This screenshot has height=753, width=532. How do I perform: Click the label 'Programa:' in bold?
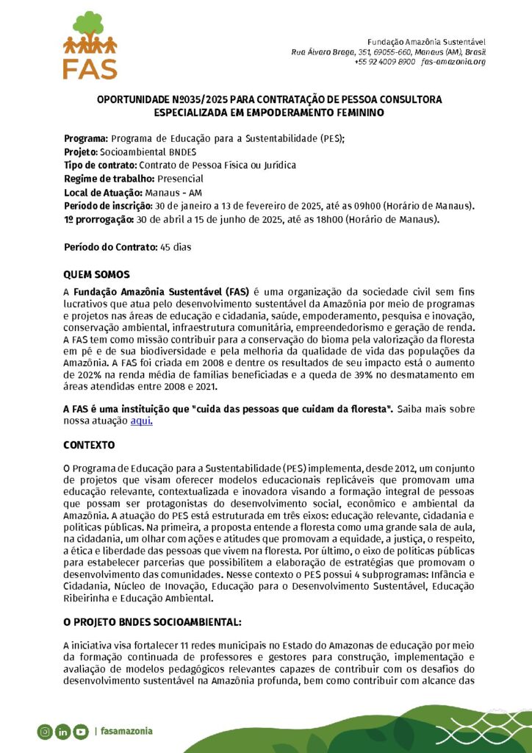(86, 138)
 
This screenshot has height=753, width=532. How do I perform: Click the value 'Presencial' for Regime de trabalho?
(180, 179)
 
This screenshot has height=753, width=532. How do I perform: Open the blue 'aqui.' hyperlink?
(141, 421)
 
